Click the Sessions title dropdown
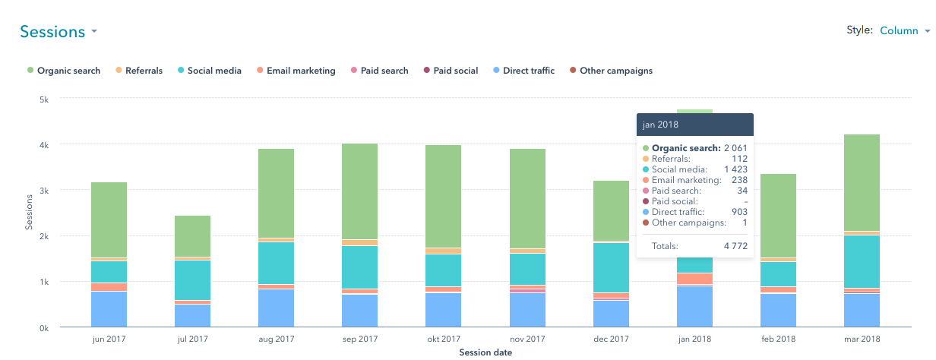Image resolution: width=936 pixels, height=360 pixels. tap(58, 32)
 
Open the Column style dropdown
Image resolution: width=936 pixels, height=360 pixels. tap(904, 31)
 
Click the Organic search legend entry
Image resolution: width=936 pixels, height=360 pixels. tap(63, 71)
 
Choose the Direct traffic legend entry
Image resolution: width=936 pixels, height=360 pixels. tap(523, 71)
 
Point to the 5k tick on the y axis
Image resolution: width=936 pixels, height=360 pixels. tap(43, 99)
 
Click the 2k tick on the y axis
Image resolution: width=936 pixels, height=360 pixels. tap(43, 236)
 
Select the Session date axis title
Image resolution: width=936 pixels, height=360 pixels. tap(485, 352)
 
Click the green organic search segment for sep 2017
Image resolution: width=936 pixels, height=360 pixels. tap(359, 191)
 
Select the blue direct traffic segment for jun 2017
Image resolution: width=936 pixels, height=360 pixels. tap(109, 309)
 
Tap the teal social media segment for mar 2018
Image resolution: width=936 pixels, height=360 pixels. tap(862, 261)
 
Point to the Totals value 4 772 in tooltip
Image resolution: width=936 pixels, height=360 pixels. tap(733, 246)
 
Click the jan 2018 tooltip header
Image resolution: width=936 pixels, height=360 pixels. tap(694, 125)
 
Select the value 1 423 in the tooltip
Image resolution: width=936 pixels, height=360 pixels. tap(733, 169)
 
